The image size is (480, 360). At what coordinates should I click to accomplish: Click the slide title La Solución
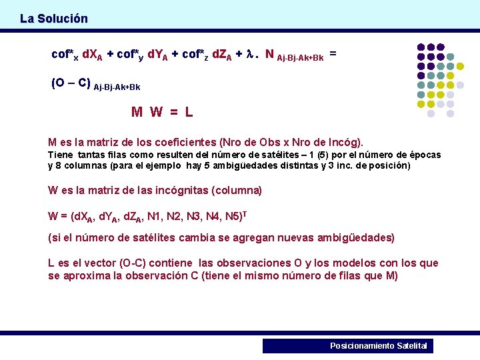tap(53, 19)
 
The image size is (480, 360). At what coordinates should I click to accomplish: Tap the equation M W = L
tap(162, 112)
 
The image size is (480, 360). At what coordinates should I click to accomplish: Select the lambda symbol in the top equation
tap(250, 55)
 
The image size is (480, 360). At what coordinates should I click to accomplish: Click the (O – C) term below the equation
tap(71, 83)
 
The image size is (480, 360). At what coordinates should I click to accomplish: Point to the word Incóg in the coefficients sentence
tap(344, 142)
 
